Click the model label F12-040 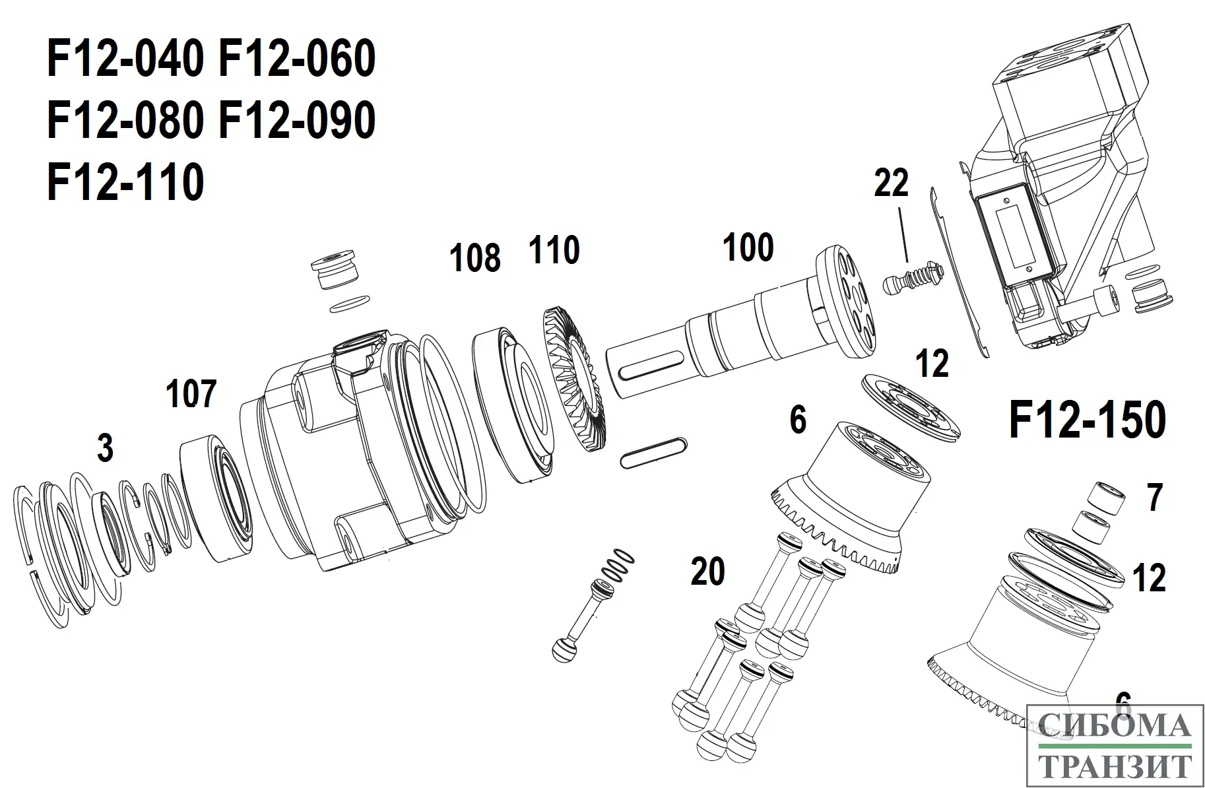tap(125, 59)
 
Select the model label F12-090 tap(296, 121)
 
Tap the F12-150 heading tap(1088, 420)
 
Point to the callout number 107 tap(191, 394)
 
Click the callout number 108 tap(474, 257)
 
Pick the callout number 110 tap(554, 251)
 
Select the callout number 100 tap(748, 248)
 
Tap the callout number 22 tap(891, 183)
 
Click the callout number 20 tap(707, 572)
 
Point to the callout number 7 tap(1154, 498)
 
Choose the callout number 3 tap(105, 449)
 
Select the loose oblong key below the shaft tap(654, 453)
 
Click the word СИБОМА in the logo tap(1114, 727)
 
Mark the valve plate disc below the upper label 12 tap(911, 409)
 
